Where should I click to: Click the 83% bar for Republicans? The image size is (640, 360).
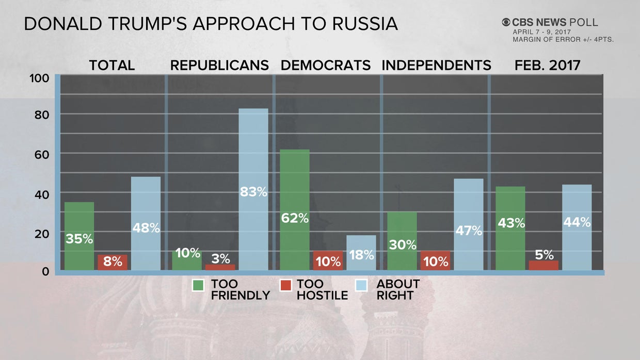[x=253, y=189]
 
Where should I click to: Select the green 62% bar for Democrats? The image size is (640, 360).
[x=295, y=209]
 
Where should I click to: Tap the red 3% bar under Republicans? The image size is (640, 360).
[x=220, y=267]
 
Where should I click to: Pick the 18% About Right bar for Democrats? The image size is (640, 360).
[x=361, y=252]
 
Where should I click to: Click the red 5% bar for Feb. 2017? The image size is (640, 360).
[x=543, y=265]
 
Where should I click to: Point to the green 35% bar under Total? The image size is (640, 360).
[x=79, y=236]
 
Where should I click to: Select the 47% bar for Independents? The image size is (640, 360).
[x=468, y=224]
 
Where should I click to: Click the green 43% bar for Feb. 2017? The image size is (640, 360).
[x=510, y=228]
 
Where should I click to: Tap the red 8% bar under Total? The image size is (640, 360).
[x=113, y=262]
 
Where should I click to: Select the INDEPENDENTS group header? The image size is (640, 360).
[x=436, y=66]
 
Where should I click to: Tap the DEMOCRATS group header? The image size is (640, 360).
[x=325, y=66]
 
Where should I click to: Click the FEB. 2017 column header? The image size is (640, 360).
[x=547, y=66]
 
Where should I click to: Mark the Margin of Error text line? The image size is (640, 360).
[x=563, y=39]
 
